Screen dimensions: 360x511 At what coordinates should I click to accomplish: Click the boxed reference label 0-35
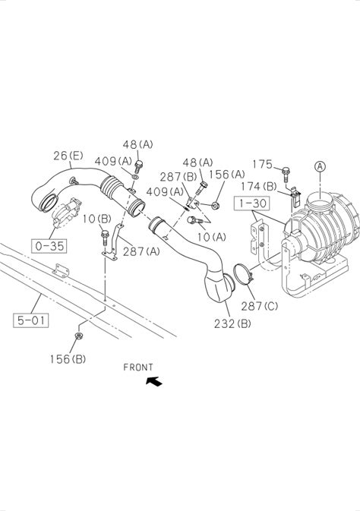(49, 246)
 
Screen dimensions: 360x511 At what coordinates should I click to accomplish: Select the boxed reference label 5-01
(31, 320)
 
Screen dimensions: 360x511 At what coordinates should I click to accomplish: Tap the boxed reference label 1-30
(252, 203)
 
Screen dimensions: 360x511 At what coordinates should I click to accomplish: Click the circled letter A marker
(320, 166)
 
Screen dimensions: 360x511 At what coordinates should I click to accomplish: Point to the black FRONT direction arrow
(154, 381)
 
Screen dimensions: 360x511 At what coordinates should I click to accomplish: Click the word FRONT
(138, 367)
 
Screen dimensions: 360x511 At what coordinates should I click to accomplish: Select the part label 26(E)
(68, 156)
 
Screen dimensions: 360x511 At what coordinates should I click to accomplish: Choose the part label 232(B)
(232, 323)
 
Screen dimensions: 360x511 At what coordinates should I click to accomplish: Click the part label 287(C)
(260, 306)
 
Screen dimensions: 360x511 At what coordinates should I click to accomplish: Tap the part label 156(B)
(68, 359)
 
